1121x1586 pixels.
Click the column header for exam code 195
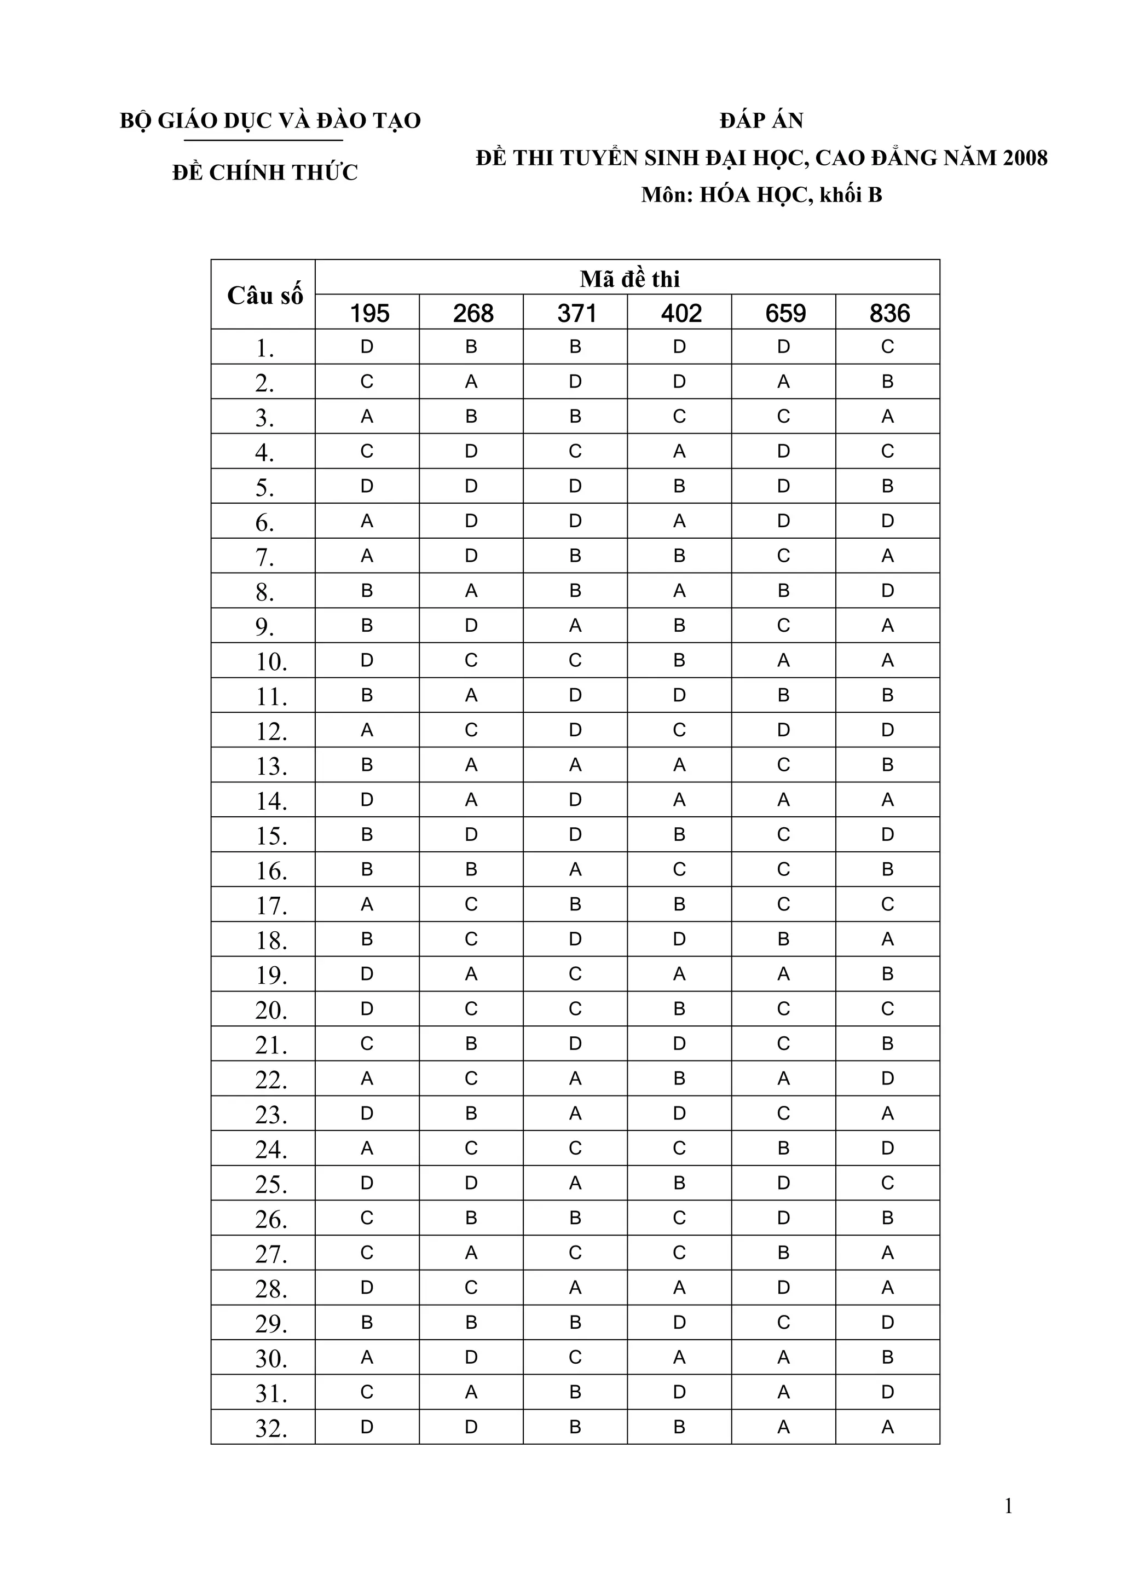pos(369,314)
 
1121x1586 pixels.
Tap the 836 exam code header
pos(889,314)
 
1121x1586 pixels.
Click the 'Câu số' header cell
pos(264,296)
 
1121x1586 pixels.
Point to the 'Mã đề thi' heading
pos(629,279)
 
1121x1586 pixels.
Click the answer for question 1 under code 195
pos(367,347)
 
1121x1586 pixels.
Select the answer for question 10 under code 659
pos(783,660)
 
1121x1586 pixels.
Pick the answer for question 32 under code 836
pos(887,1427)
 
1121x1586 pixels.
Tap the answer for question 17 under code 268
pos(471,904)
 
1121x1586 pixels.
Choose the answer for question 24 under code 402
pos(679,1148)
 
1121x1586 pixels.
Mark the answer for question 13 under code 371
pos(575,765)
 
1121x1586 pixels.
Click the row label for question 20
pos(271,1011)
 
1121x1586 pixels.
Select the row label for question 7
pos(264,557)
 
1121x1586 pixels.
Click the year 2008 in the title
pos(1025,158)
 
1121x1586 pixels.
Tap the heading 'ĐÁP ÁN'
pos(761,121)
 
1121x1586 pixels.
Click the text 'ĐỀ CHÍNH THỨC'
pos(264,172)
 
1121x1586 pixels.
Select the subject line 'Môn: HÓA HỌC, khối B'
pos(761,195)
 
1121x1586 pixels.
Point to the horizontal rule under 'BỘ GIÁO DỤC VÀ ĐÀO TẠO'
pos(263,141)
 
